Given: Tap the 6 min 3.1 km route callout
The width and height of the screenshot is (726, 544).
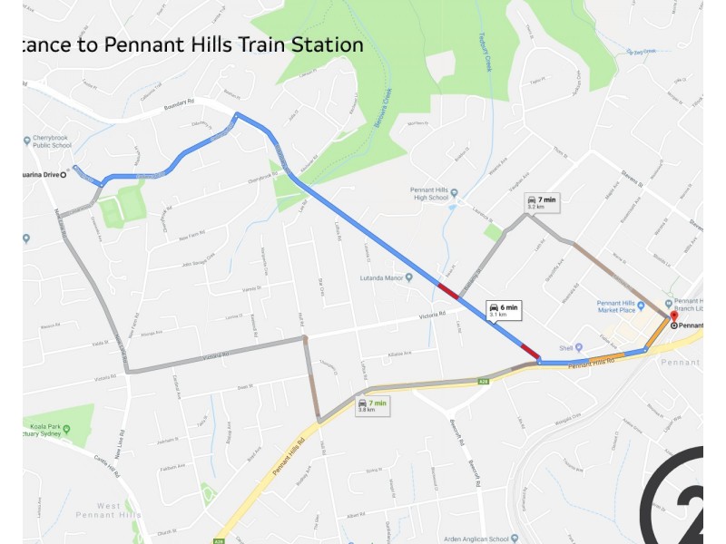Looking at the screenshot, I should pos(504,310).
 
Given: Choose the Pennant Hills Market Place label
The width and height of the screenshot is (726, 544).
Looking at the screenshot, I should pos(622,307).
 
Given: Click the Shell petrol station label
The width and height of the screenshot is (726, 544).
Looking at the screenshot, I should pos(570,346).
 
